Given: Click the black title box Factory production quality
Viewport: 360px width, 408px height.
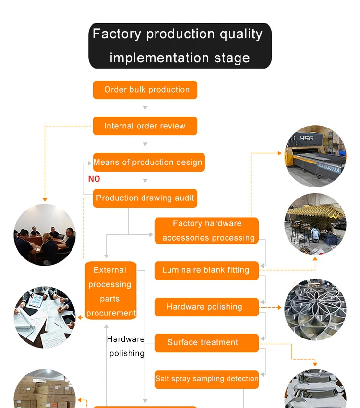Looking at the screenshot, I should pyautogui.click(x=180, y=46).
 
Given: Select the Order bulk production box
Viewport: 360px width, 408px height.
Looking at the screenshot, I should pyautogui.click(x=145, y=90).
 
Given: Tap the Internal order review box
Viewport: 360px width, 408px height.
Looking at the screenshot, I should pyautogui.click(x=145, y=126).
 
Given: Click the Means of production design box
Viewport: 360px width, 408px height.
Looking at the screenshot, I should pyautogui.click(x=148, y=162).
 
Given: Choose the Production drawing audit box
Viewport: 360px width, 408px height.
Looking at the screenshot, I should pyautogui.click(x=145, y=198).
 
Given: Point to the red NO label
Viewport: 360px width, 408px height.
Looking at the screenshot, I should pyautogui.click(x=94, y=179).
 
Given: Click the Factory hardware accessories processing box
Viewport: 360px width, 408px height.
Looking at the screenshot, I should pyautogui.click(x=207, y=231).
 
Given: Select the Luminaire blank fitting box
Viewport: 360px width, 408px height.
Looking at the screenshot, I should pyautogui.click(x=206, y=270).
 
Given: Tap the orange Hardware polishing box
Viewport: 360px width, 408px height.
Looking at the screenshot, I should pyautogui.click(x=206, y=307).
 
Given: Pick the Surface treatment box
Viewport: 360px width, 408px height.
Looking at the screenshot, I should pyautogui.click(x=206, y=342).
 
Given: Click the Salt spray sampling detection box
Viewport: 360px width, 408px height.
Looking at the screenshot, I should pyautogui.click(x=206, y=379).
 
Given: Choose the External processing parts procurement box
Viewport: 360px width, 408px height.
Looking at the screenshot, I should pyautogui.click(x=111, y=291).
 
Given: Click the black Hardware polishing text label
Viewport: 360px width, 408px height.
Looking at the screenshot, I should pyautogui.click(x=126, y=346).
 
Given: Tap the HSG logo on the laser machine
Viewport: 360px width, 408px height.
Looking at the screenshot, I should pyautogui.click(x=306, y=139).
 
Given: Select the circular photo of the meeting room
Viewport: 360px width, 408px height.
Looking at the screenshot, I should pyautogui.click(x=45, y=235).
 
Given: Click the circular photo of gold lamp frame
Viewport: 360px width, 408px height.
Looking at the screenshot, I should pyautogui.click(x=315, y=224).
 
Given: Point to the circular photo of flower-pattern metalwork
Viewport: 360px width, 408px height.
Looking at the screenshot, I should pyautogui.click(x=315, y=310).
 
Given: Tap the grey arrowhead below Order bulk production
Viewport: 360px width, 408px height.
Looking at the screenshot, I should pyautogui.click(x=145, y=108).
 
